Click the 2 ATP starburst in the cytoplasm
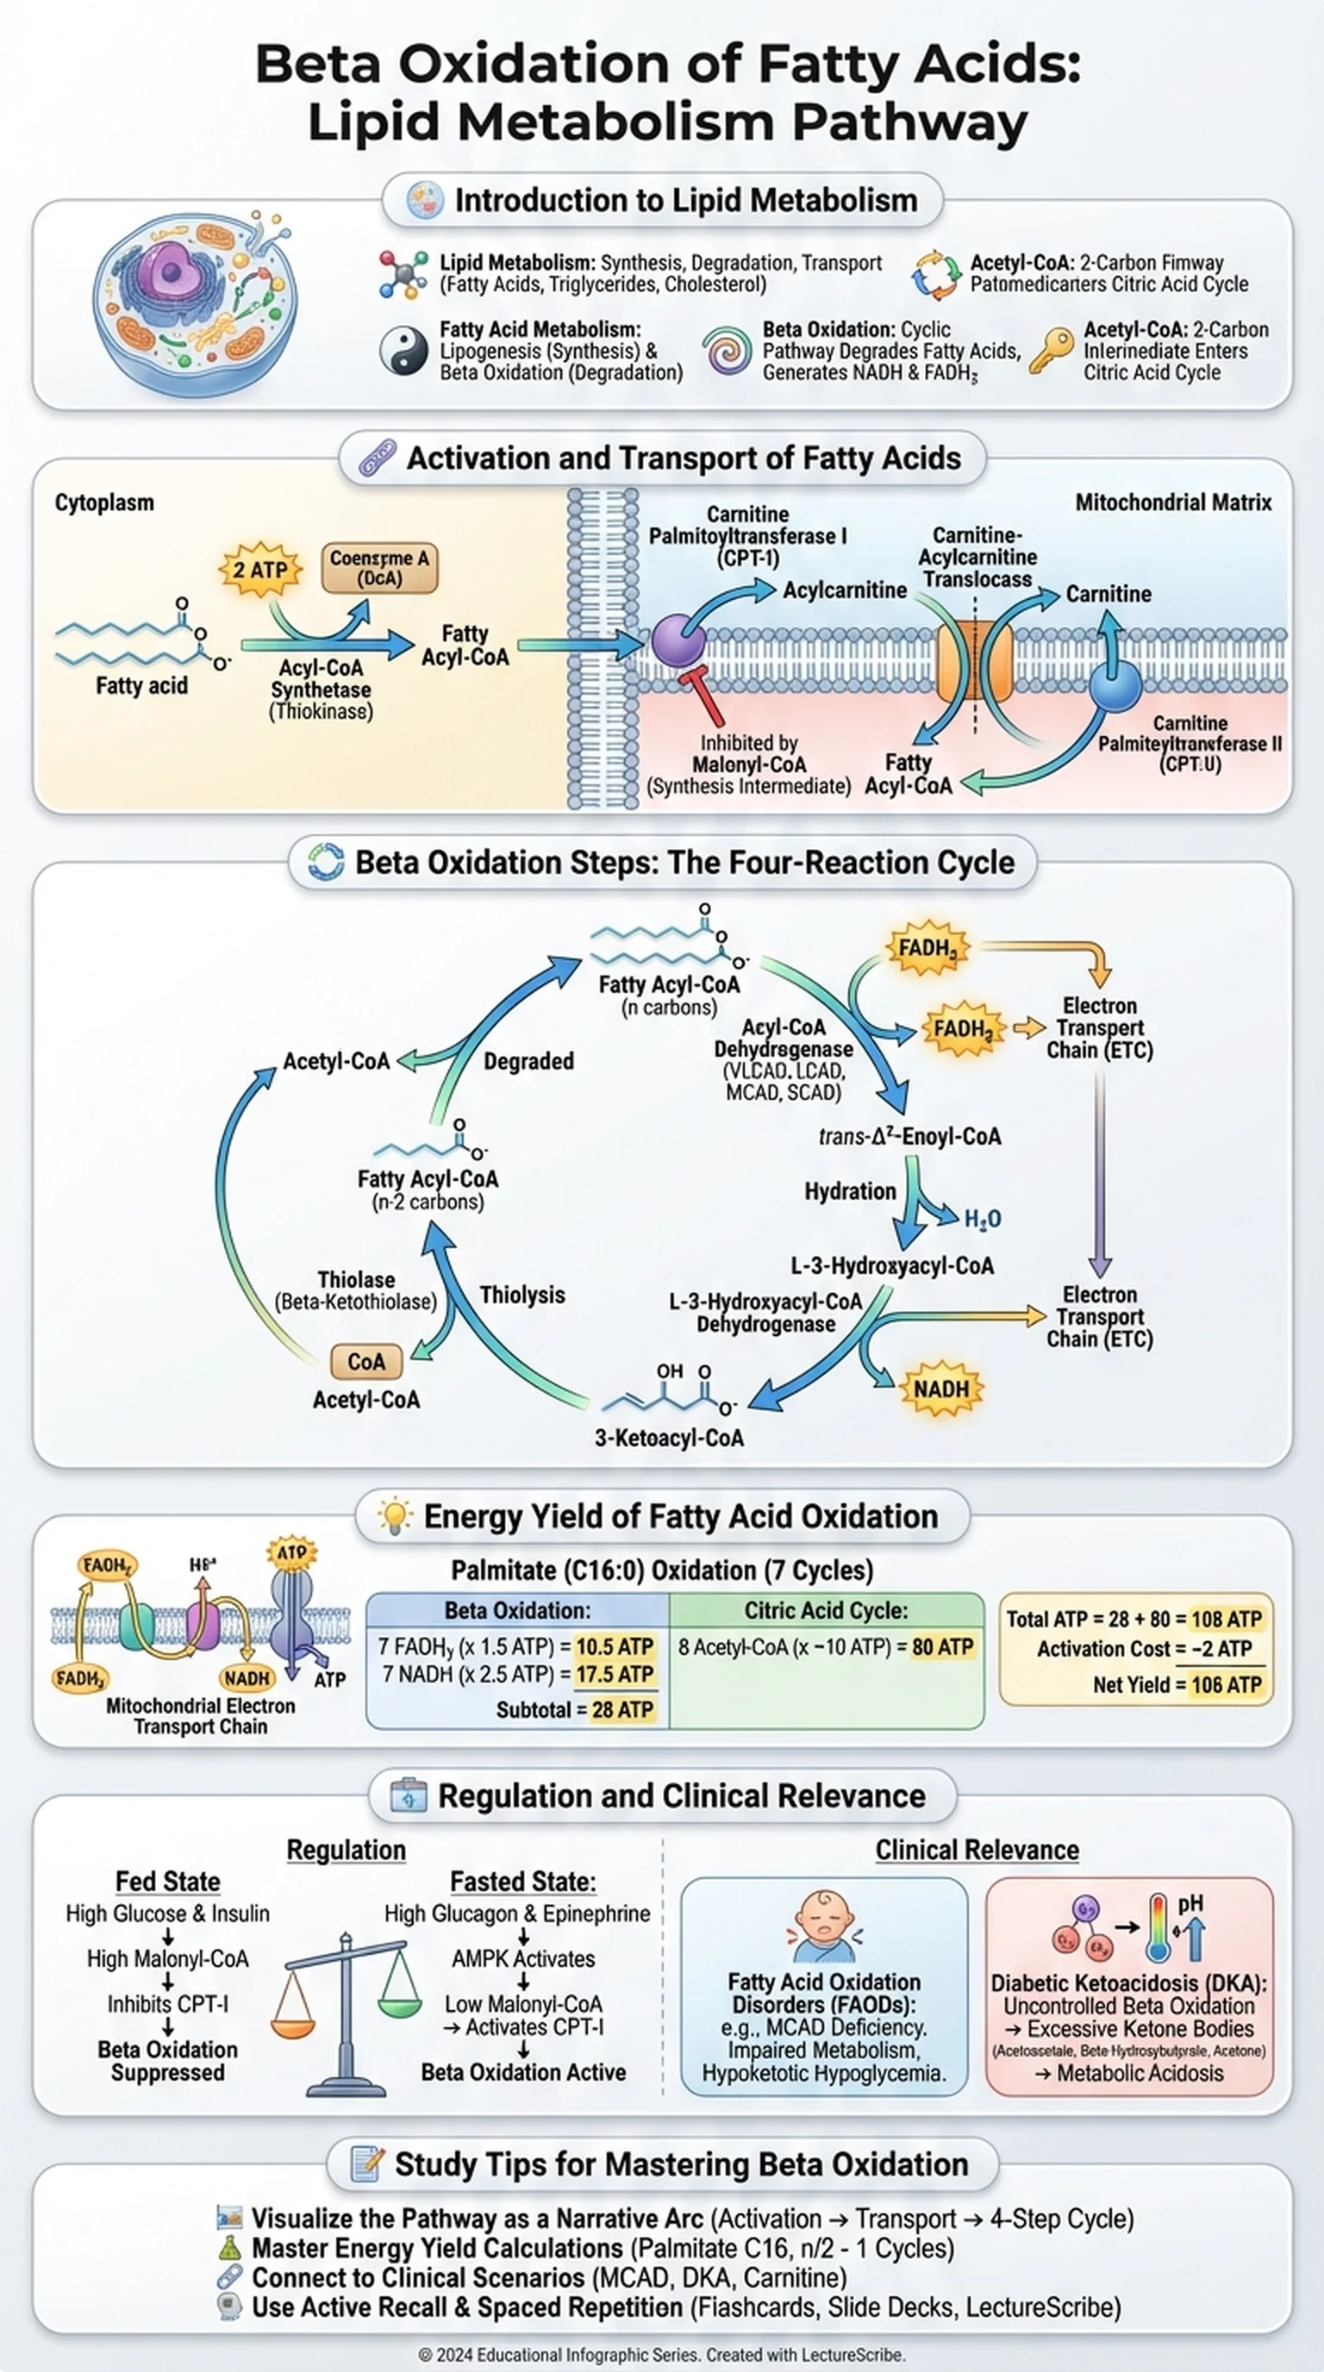260,570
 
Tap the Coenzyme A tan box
379,567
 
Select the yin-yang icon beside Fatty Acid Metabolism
404,351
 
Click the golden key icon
1051,351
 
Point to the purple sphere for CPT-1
678,641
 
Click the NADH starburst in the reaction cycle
941,1389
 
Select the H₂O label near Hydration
983,1219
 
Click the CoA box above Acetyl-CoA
366,1362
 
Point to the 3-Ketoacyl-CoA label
670,1438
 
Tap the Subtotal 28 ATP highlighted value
622,1710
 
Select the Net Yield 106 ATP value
1227,1685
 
